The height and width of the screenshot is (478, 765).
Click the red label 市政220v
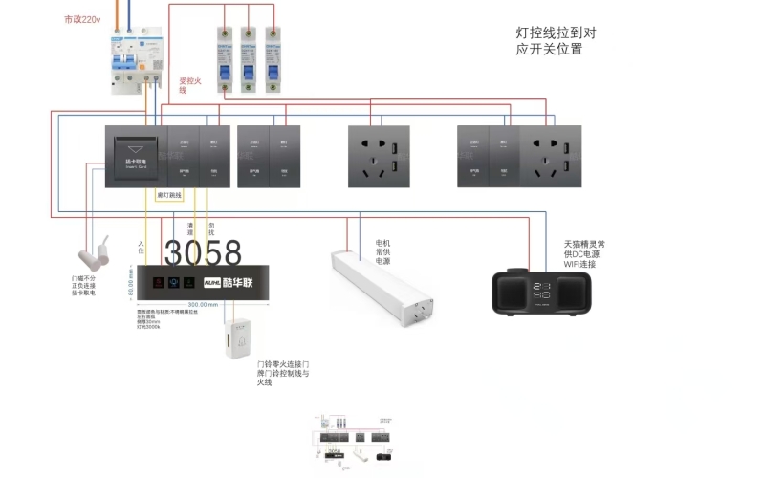(x=83, y=19)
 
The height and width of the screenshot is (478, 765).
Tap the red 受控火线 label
(x=189, y=85)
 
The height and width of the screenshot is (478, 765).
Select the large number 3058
(x=203, y=252)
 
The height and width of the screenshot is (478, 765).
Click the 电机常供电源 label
(x=382, y=251)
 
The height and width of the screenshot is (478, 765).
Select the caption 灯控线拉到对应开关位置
(x=555, y=40)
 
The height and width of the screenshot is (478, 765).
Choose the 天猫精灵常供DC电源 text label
(x=583, y=251)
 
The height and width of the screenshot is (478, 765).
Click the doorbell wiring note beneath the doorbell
(x=282, y=373)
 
